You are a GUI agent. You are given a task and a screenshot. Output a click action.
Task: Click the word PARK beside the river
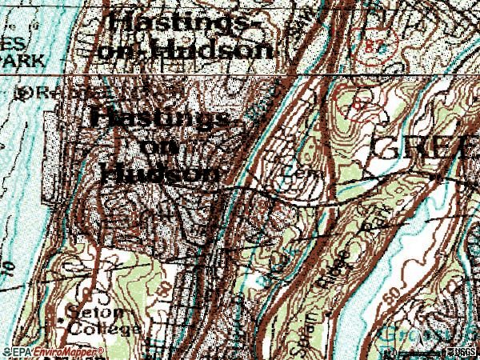tap(20, 58)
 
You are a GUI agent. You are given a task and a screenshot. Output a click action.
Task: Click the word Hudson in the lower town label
tap(161, 172)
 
